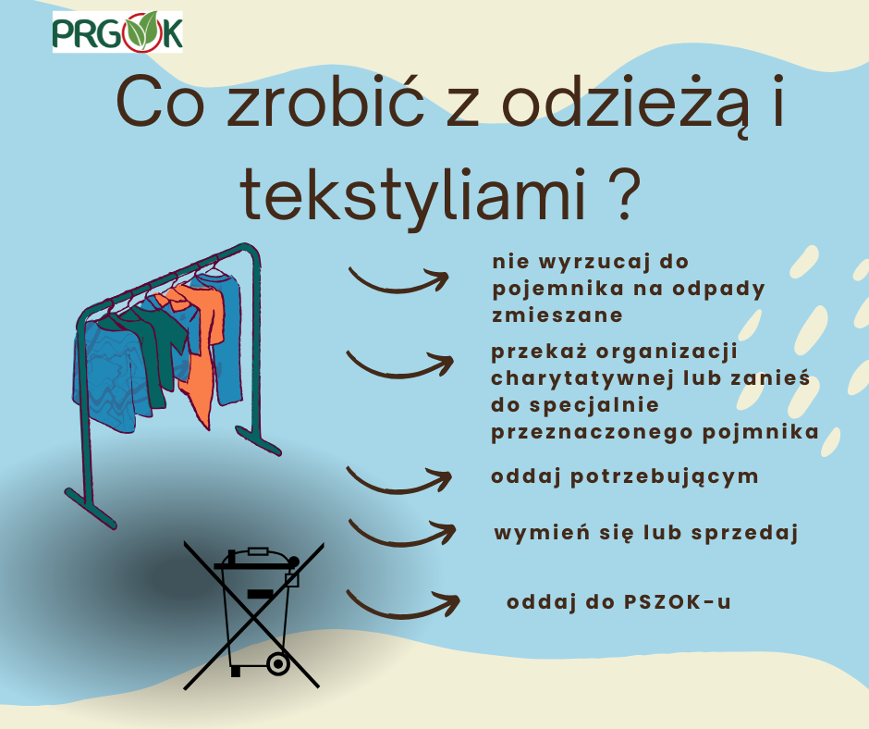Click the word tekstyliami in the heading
point(410,195)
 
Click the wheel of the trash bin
point(276,664)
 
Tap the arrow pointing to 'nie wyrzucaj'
point(398,279)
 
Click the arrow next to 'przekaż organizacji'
point(399,364)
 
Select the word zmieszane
point(557,315)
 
